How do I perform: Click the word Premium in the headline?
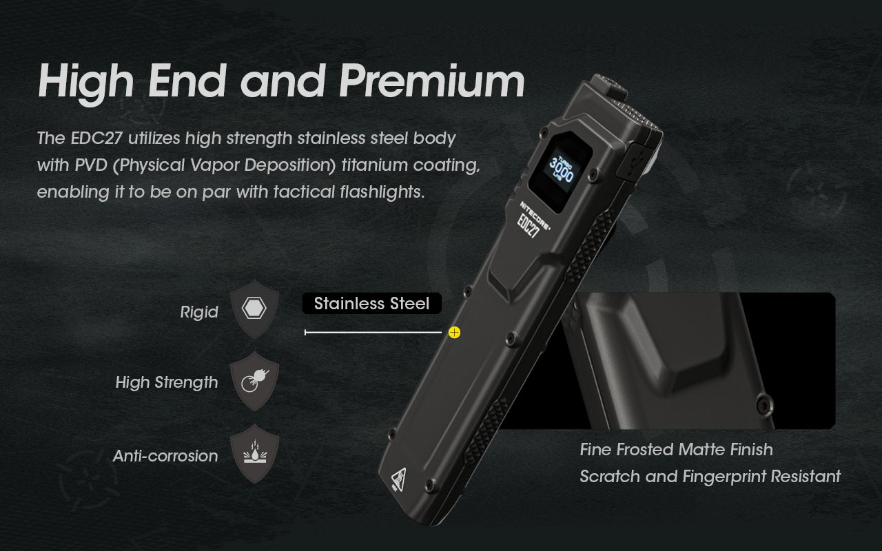pyautogui.click(x=432, y=81)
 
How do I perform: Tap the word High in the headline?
pyautogui.click(x=85, y=81)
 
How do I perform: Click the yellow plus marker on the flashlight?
pyautogui.click(x=454, y=333)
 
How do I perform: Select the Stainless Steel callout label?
pyautogui.click(x=371, y=304)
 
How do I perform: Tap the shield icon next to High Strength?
pyautogui.click(x=254, y=381)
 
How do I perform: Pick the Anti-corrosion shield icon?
pyautogui.click(x=254, y=453)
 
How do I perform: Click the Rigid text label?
pyautogui.click(x=199, y=312)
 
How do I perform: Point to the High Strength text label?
pyautogui.click(x=167, y=382)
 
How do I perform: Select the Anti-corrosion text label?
pyautogui.click(x=165, y=455)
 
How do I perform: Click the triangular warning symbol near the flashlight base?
pyautogui.click(x=398, y=478)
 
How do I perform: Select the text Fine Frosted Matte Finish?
pyautogui.click(x=676, y=450)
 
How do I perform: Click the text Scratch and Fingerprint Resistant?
pyautogui.click(x=710, y=476)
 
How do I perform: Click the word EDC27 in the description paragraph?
pyautogui.click(x=96, y=138)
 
